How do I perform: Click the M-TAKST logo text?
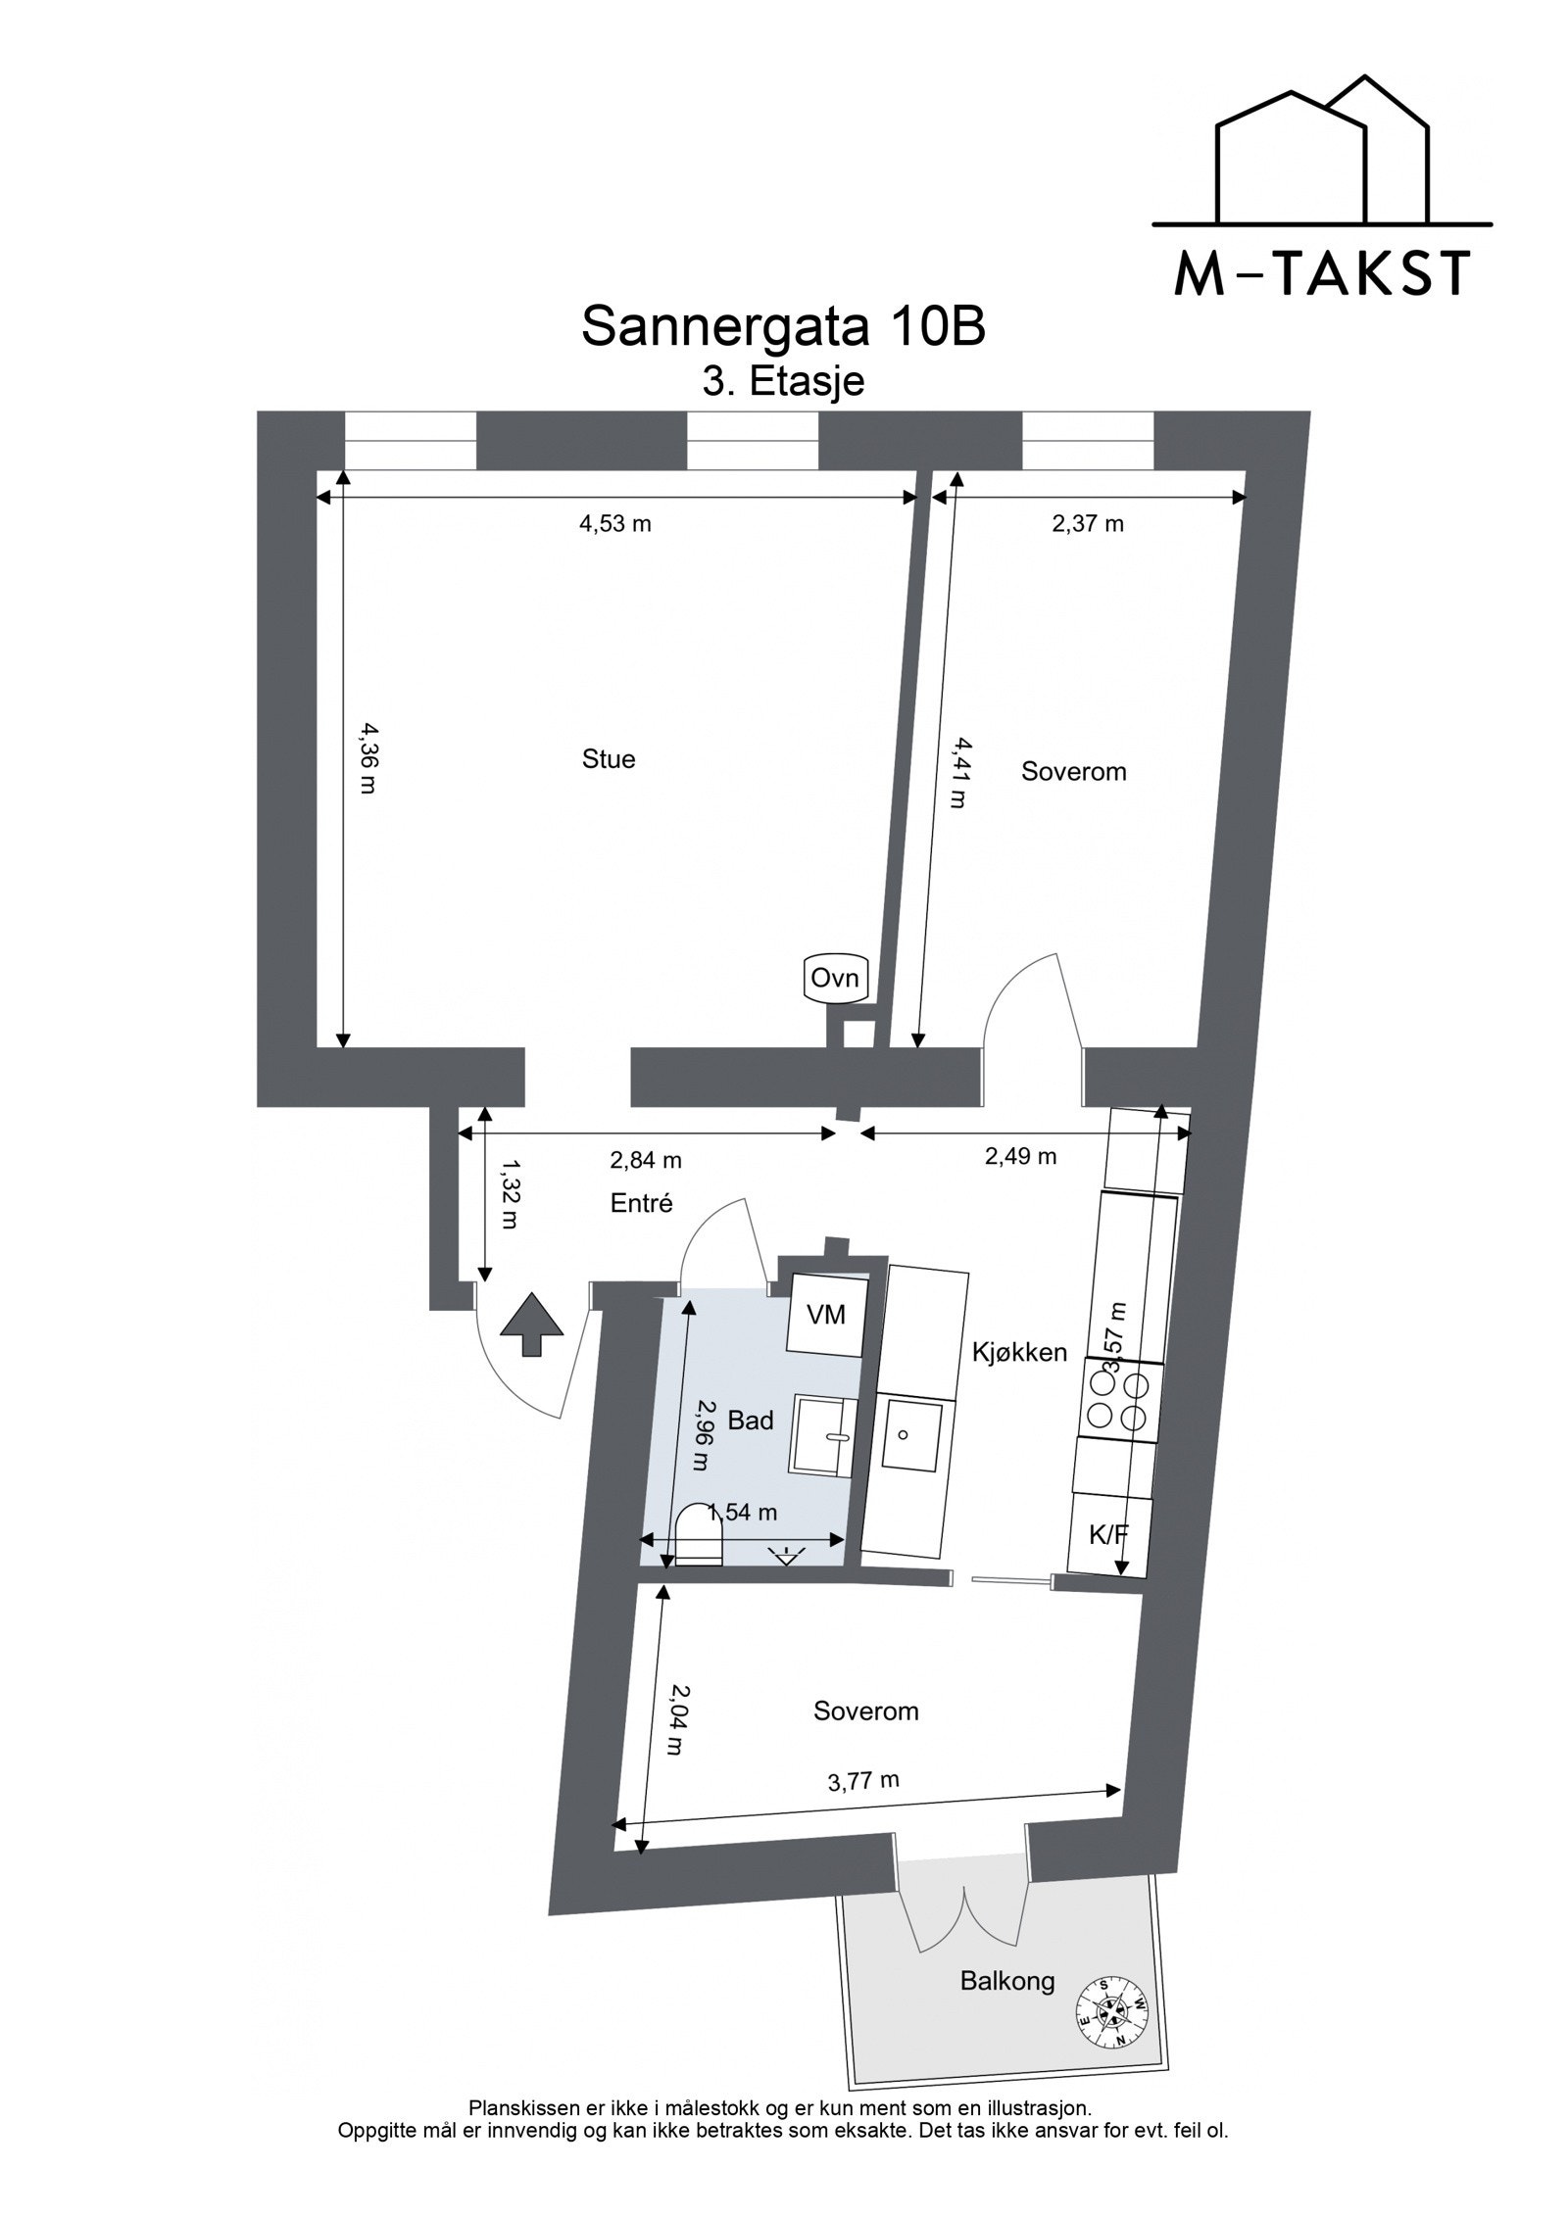pos(1321,274)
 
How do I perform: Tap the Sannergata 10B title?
pos(782,328)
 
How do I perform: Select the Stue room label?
pos(609,759)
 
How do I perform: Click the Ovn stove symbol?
pos(835,979)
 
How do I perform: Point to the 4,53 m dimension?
pos(614,524)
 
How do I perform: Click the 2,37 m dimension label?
pos(1088,524)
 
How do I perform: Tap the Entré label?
pos(642,1203)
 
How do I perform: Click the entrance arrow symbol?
pos(531,1323)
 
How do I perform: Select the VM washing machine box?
pos(826,1314)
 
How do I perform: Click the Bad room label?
pos(751,1420)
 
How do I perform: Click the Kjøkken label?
pos(1019,1353)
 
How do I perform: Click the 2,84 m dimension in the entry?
pos(646,1160)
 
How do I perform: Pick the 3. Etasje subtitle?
pos(783,382)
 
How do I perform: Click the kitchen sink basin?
pos(910,1438)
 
